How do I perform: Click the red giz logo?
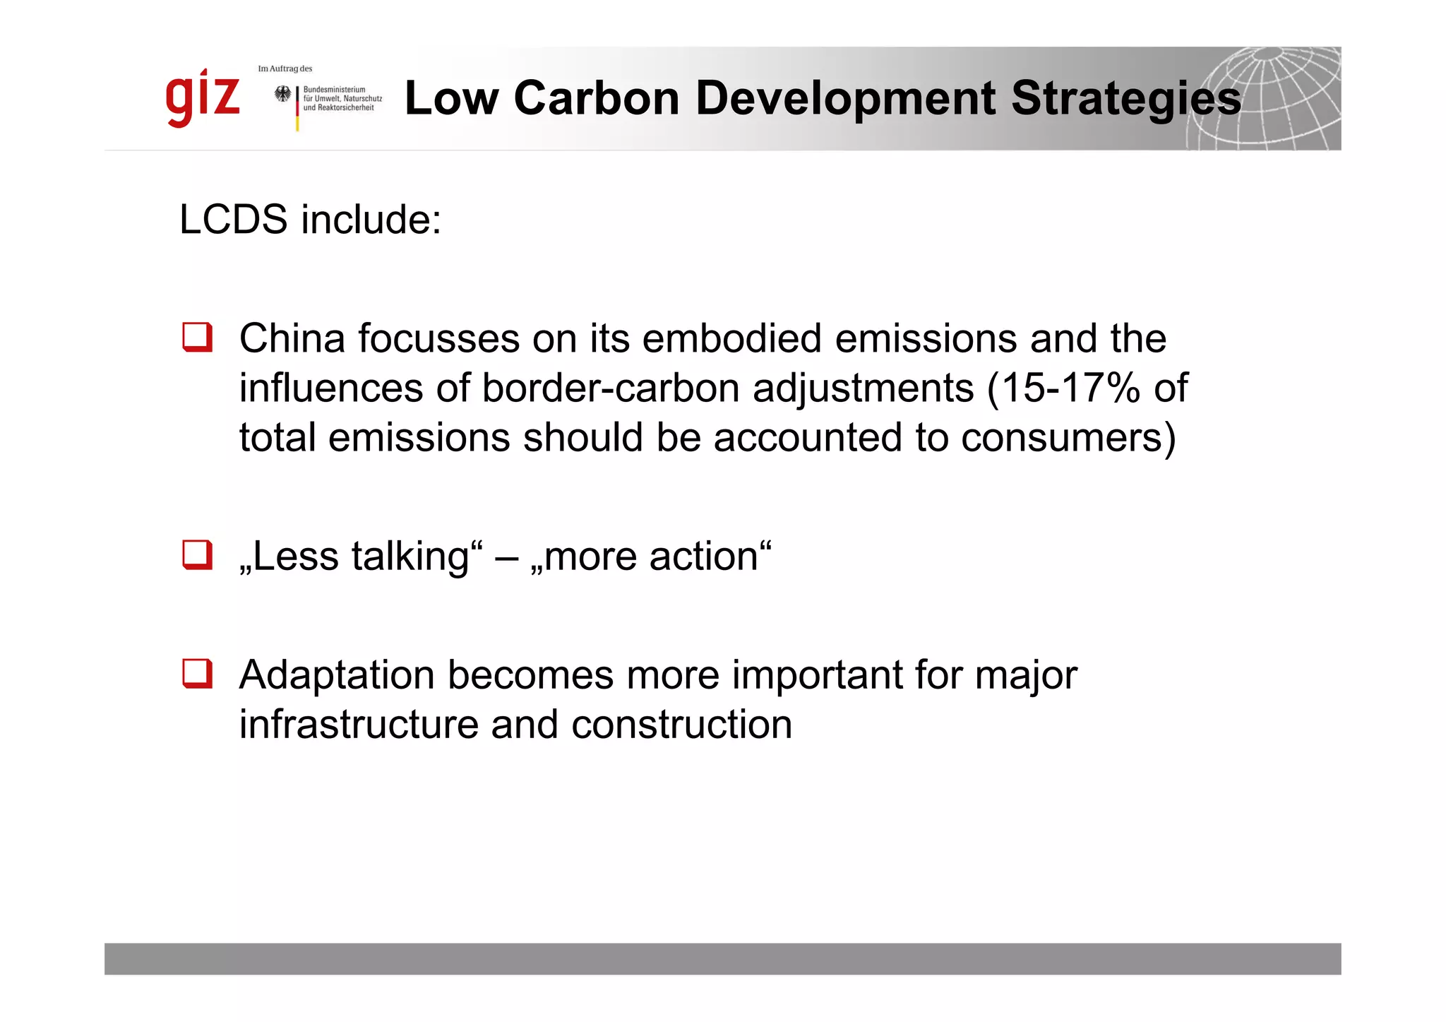pyautogui.click(x=203, y=98)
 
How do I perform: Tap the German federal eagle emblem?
pyautogui.click(x=283, y=95)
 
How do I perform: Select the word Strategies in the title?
pyautogui.click(x=1125, y=100)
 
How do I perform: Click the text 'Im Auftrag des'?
pyautogui.click(x=285, y=69)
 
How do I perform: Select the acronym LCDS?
pyautogui.click(x=233, y=220)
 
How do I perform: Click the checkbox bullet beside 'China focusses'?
pyautogui.click(x=197, y=338)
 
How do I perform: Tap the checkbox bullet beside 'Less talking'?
pyautogui.click(x=197, y=555)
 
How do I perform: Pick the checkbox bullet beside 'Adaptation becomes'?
pyautogui.click(x=197, y=674)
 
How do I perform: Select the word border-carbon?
pyautogui.click(x=611, y=388)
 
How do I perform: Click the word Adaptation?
pyautogui.click(x=337, y=675)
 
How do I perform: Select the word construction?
pyautogui.click(x=681, y=725)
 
